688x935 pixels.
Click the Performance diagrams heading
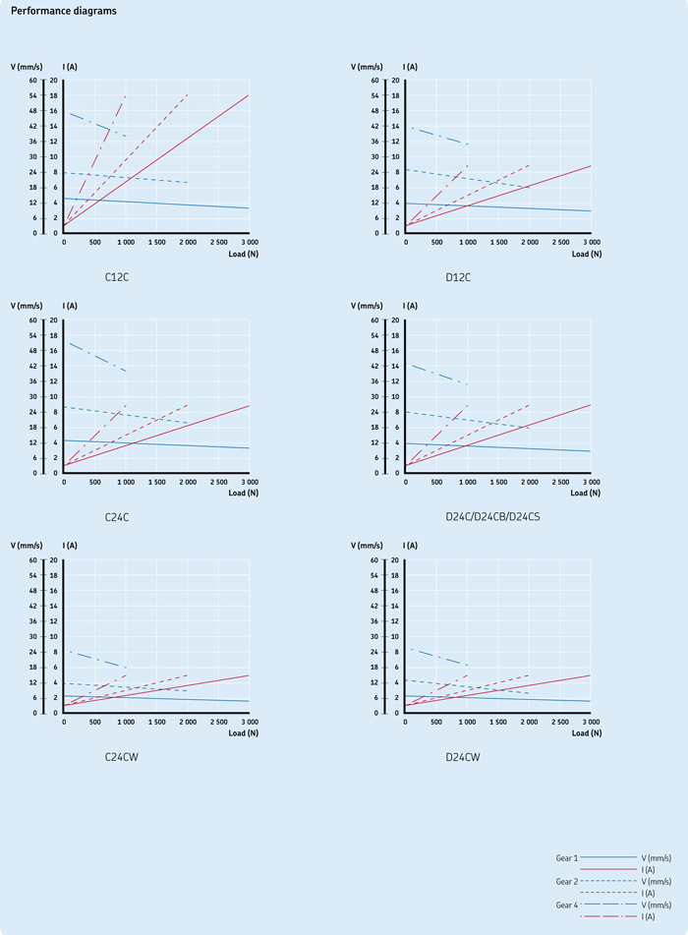tap(64, 11)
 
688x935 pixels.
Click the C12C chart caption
tap(117, 277)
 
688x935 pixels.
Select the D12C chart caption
tap(458, 277)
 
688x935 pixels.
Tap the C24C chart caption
tap(117, 517)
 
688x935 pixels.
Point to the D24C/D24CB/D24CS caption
tap(493, 516)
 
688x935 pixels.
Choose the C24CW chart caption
tap(122, 757)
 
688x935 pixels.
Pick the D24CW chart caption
tap(463, 757)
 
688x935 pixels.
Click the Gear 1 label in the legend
tap(567, 858)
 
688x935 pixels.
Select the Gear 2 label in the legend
tap(567, 881)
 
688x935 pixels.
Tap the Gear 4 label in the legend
tap(567, 905)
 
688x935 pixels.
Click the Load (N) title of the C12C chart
tap(243, 254)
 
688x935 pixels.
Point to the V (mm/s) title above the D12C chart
tap(367, 67)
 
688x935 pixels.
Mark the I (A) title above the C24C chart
tap(70, 306)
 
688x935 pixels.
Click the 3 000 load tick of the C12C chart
tap(250, 242)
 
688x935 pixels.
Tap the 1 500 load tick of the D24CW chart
tap(497, 722)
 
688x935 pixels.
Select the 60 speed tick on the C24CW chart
tap(32, 560)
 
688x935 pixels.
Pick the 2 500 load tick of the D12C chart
tap(560, 242)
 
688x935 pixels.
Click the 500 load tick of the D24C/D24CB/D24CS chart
tap(436, 482)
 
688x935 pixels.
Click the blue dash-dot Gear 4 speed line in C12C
tap(97, 125)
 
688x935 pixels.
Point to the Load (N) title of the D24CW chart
tap(587, 732)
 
